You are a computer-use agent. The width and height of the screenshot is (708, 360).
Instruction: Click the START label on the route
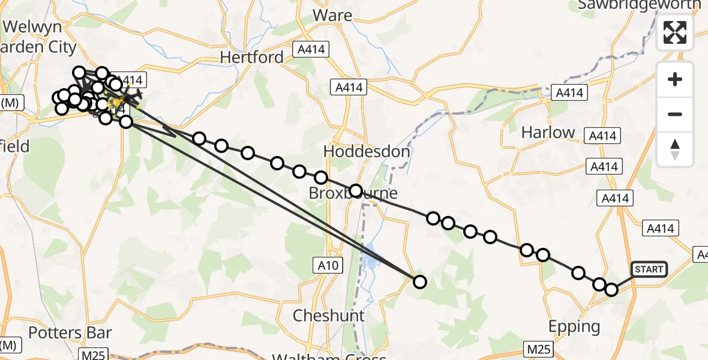click(x=649, y=269)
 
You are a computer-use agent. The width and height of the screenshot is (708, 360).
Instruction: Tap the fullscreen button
click(x=675, y=32)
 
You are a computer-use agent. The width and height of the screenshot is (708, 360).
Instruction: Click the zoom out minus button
click(x=675, y=114)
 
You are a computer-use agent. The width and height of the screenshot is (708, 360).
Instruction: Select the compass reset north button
click(x=675, y=149)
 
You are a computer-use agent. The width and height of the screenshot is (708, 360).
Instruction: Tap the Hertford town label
click(x=252, y=58)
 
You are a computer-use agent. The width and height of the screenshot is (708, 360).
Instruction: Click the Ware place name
click(x=328, y=14)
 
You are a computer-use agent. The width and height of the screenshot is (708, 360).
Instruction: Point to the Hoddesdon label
click(x=367, y=152)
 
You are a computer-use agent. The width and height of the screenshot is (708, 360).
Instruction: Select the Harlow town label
click(x=548, y=133)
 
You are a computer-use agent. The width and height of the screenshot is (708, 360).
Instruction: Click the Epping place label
click(x=574, y=327)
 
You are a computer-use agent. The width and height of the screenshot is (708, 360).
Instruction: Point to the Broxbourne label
click(x=353, y=194)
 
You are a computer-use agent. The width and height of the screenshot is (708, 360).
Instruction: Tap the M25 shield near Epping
click(x=538, y=349)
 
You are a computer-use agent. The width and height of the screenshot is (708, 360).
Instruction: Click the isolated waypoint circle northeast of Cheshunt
click(x=419, y=281)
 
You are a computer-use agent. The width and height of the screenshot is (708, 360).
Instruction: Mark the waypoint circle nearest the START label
click(x=611, y=290)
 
